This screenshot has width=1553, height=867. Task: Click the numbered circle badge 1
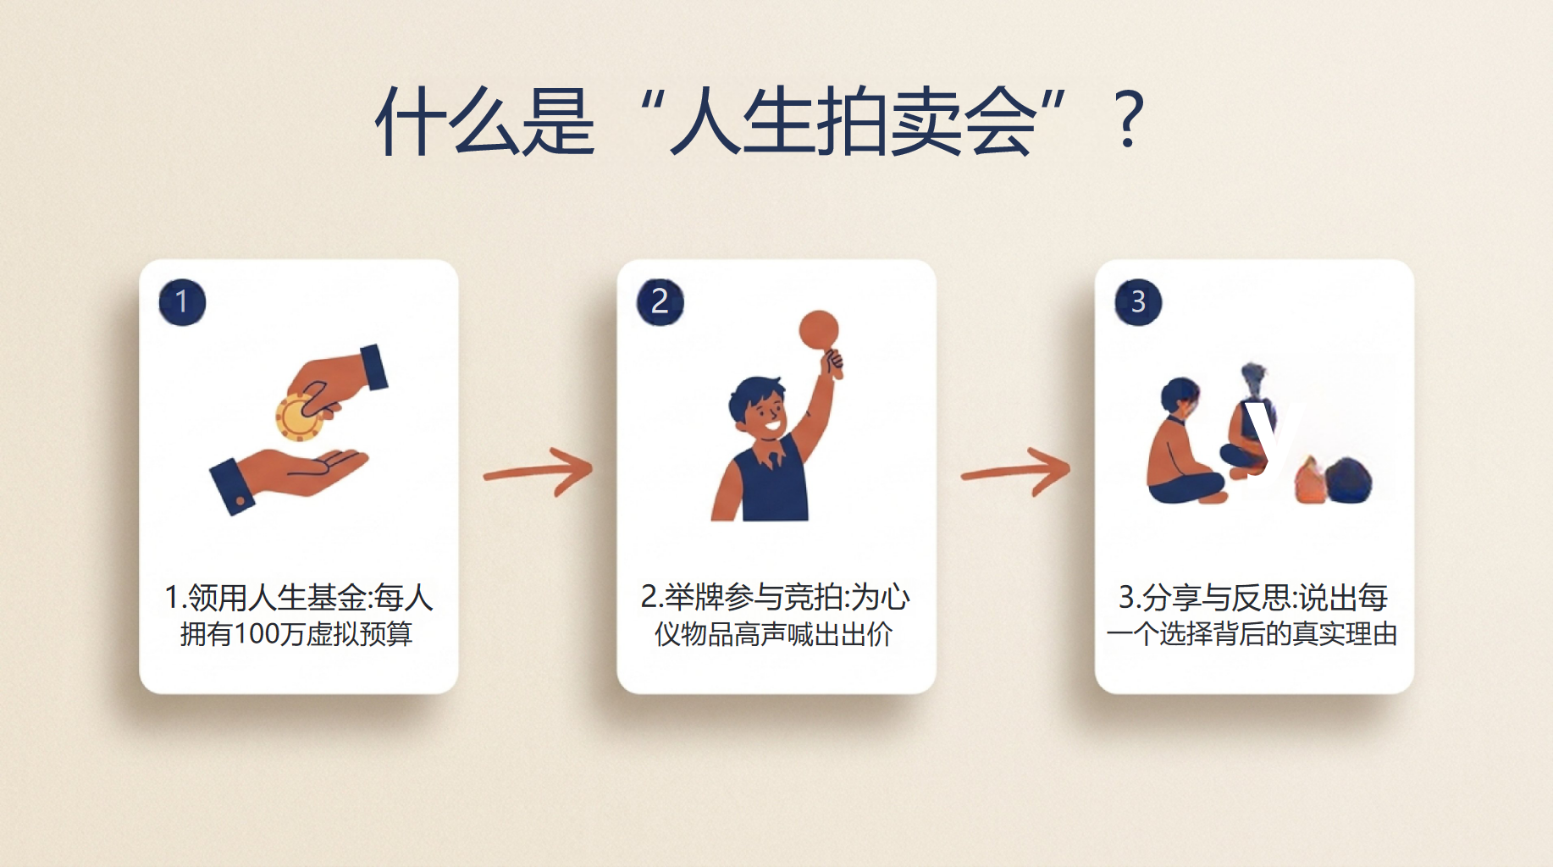[x=182, y=302]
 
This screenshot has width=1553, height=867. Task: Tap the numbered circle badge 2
[x=660, y=302]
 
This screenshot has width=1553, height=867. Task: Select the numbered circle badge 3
[x=1138, y=302]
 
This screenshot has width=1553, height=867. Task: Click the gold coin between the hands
[x=298, y=417]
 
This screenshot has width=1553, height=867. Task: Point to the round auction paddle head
[x=819, y=329]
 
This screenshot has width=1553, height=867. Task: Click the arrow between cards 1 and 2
[x=539, y=472]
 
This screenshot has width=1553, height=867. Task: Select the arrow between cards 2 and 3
[x=1016, y=472]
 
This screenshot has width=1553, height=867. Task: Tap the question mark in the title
[x=1130, y=120]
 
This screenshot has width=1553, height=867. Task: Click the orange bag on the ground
[x=1309, y=480]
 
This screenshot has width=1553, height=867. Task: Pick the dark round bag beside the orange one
[x=1348, y=480]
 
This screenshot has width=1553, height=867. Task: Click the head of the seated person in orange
[x=1180, y=396]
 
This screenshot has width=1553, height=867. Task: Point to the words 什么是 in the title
[x=485, y=120]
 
